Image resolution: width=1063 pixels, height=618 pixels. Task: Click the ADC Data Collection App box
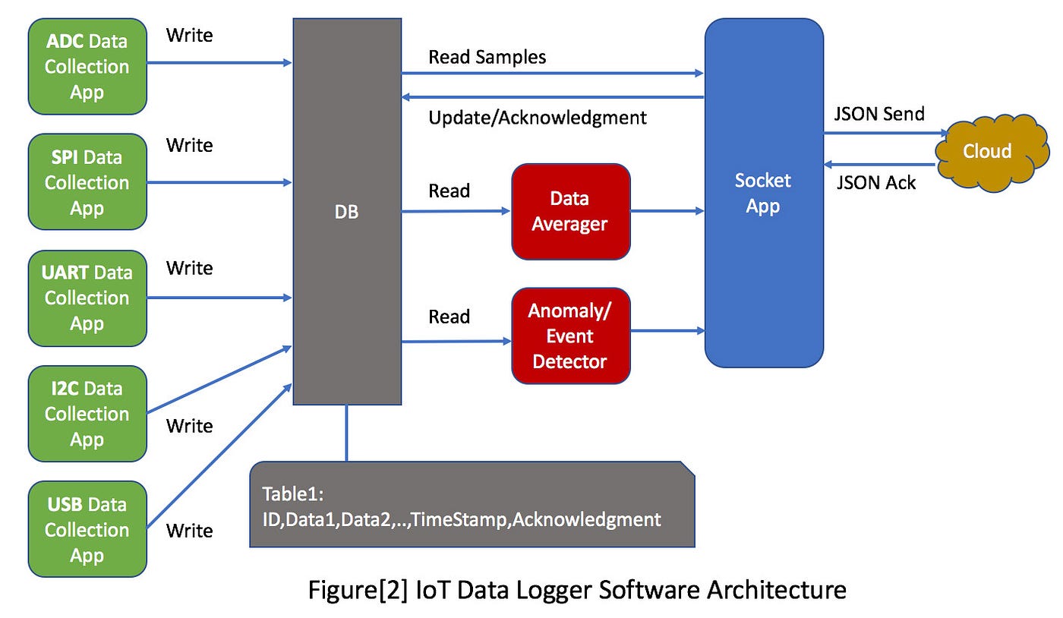[87, 67]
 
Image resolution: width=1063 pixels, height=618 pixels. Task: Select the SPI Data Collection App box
[87, 182]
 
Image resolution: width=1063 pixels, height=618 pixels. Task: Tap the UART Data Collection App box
[87, 298]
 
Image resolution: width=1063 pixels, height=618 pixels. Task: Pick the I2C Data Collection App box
[87, 414]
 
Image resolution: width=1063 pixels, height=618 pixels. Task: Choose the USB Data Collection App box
[87, 529]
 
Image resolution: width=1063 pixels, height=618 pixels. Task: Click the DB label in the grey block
[346, 213]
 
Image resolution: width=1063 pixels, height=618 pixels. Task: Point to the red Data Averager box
[570, 211]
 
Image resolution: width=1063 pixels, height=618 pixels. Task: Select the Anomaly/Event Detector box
[570, 336]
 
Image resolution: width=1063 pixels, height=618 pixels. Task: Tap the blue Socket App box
[763, 193]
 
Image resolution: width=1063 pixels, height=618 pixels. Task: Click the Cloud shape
[986, 152]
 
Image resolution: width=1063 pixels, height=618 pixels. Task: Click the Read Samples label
[487, 57]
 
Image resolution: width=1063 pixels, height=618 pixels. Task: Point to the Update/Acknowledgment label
[537, 117]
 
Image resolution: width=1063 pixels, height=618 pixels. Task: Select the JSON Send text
[880, 114]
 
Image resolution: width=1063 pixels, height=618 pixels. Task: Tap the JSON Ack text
[875, 182]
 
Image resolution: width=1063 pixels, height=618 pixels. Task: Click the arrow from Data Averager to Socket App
[667, 211]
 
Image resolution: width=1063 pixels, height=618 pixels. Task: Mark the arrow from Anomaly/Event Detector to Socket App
[667, 330]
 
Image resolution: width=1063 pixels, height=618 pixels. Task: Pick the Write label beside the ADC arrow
[189, 35]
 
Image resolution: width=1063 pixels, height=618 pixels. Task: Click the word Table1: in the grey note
[293, 494]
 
